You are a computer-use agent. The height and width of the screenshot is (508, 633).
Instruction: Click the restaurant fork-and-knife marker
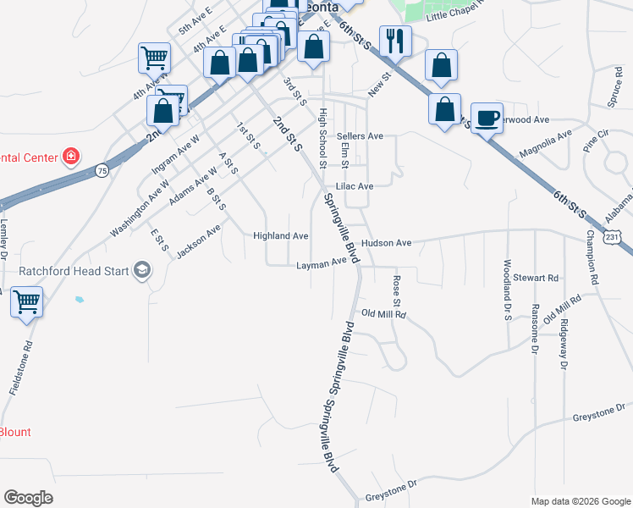click(x=394, y=41)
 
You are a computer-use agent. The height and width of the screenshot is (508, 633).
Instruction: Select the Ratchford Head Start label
click(x=74, y=271)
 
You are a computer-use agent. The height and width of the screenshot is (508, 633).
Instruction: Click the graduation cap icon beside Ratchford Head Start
click(x=141, y=271)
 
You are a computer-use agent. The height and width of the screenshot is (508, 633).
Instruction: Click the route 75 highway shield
click(x=101, y=169)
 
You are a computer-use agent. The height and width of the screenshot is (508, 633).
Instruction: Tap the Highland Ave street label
click(x=281, y=235)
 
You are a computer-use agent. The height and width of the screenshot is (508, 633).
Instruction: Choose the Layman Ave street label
click(x=322, y=264)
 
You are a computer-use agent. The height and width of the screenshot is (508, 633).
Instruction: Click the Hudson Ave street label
click(x=386, y=243)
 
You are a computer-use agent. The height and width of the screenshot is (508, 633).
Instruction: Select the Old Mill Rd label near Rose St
click(x=384, y=314)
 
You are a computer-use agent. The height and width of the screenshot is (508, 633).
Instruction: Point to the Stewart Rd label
click(x=542, y=277)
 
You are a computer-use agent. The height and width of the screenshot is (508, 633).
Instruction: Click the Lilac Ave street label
click(x=355, y=186)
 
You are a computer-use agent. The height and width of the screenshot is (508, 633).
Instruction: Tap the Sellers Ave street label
click(x=360, y=135)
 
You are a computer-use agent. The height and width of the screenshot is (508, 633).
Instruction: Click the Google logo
click(x=28, y=498)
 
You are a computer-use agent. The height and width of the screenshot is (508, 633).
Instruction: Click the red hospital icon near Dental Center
click(x=72, y=157)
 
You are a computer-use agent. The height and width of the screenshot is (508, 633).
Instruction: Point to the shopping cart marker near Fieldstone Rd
click(x=26, y=301)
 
